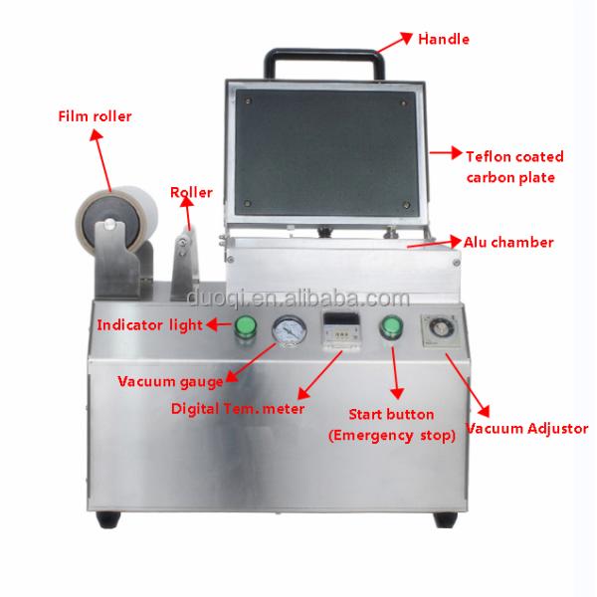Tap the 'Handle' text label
pos(444,40)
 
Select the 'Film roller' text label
pos(93,116)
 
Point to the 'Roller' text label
pos(191,192)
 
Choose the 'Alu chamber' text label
pos(508,242)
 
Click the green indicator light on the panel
pos(244,326)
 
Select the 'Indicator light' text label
pos(149,324)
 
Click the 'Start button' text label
pos(390,413)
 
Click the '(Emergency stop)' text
pos(391,435)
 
